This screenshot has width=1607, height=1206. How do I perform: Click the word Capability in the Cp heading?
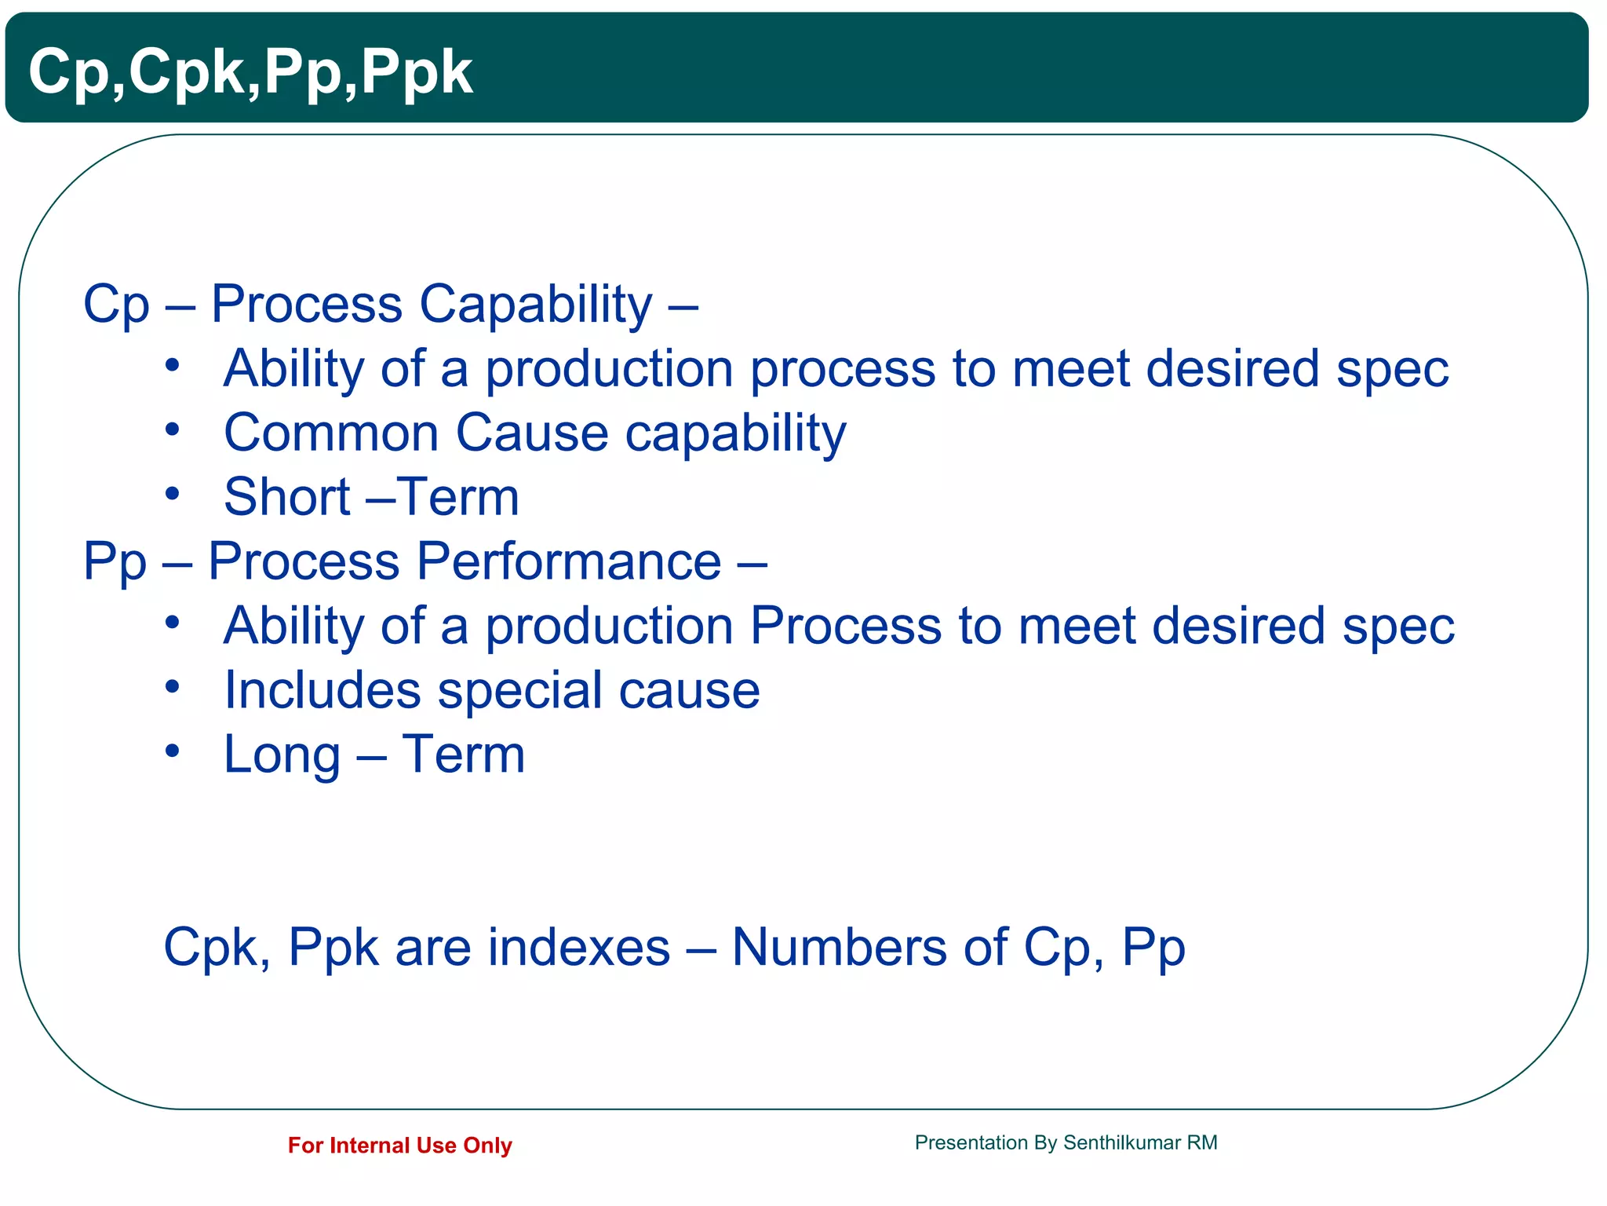(535, 304)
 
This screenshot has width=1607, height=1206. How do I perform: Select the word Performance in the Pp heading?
(568, 561)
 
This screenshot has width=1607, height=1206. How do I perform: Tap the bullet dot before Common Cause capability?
(173, 429)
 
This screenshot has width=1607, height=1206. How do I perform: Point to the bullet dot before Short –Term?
(173, 494)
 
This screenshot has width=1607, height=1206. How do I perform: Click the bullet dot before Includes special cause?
(173, 687)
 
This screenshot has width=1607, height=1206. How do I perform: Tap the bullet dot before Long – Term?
(173, 751)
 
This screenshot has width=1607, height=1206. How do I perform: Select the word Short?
(286, 497)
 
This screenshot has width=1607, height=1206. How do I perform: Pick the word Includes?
(322, 690)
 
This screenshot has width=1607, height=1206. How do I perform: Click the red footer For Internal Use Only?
(399, 1146)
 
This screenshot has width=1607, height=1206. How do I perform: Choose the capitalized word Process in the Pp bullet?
(845, 626)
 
